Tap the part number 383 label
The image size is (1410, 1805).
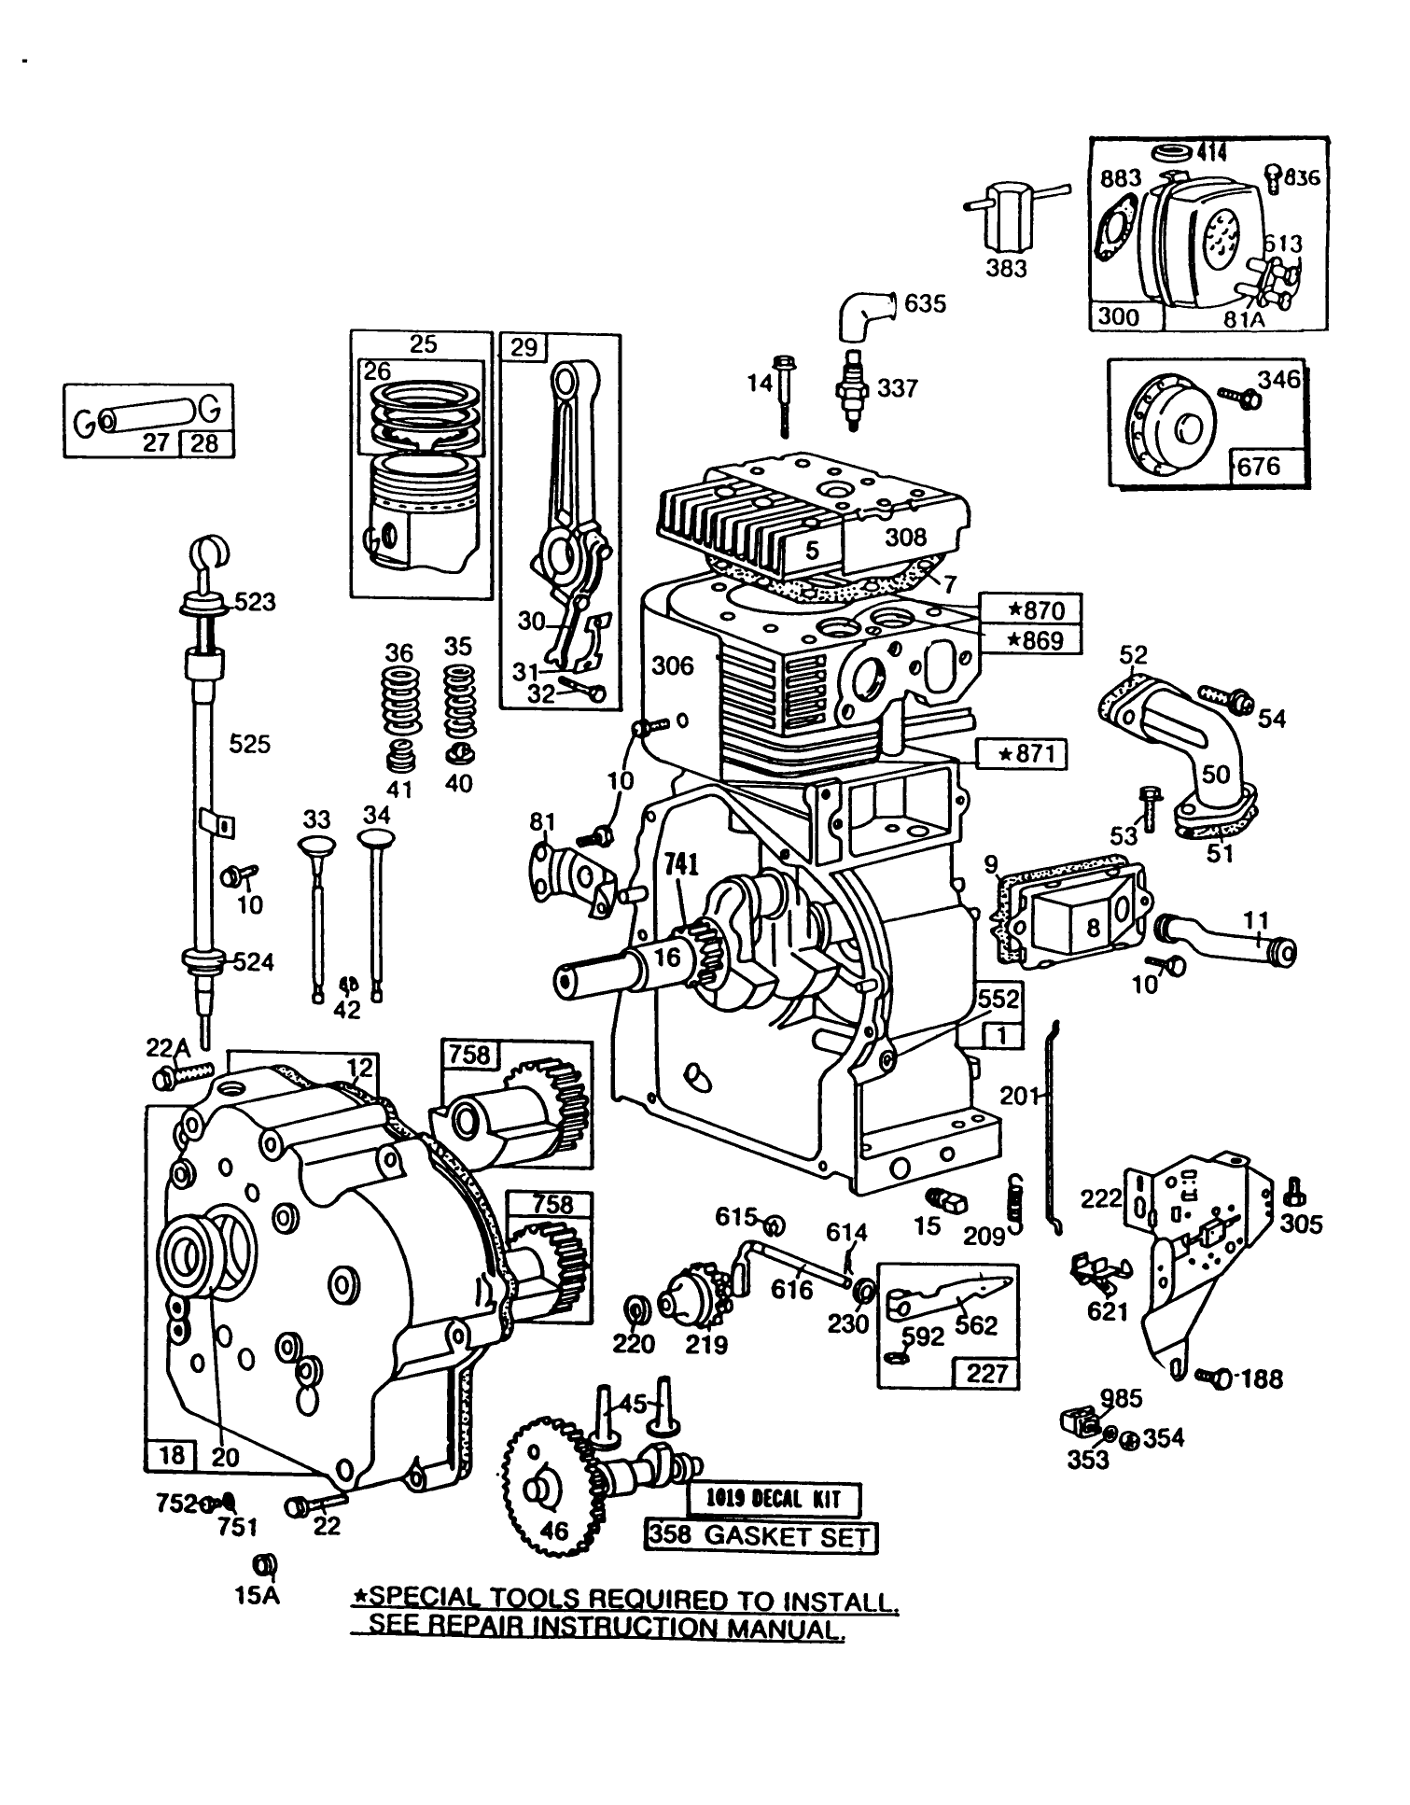1006,269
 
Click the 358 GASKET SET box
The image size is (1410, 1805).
761,1536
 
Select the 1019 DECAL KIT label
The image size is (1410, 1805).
774,1500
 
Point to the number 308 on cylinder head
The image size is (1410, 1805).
905,536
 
